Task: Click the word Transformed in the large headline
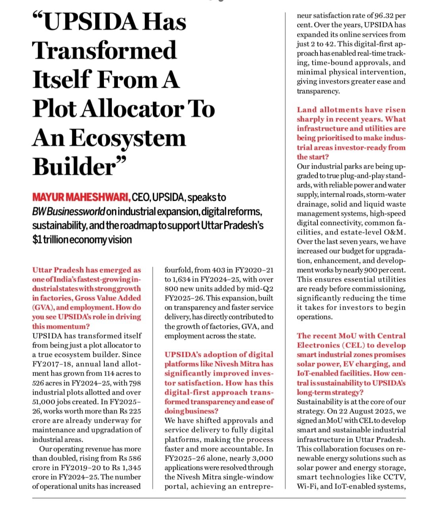click(x=104, y=51)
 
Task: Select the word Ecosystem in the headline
click(x=128, y=138)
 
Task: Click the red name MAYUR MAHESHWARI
click(x=81, y=197)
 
